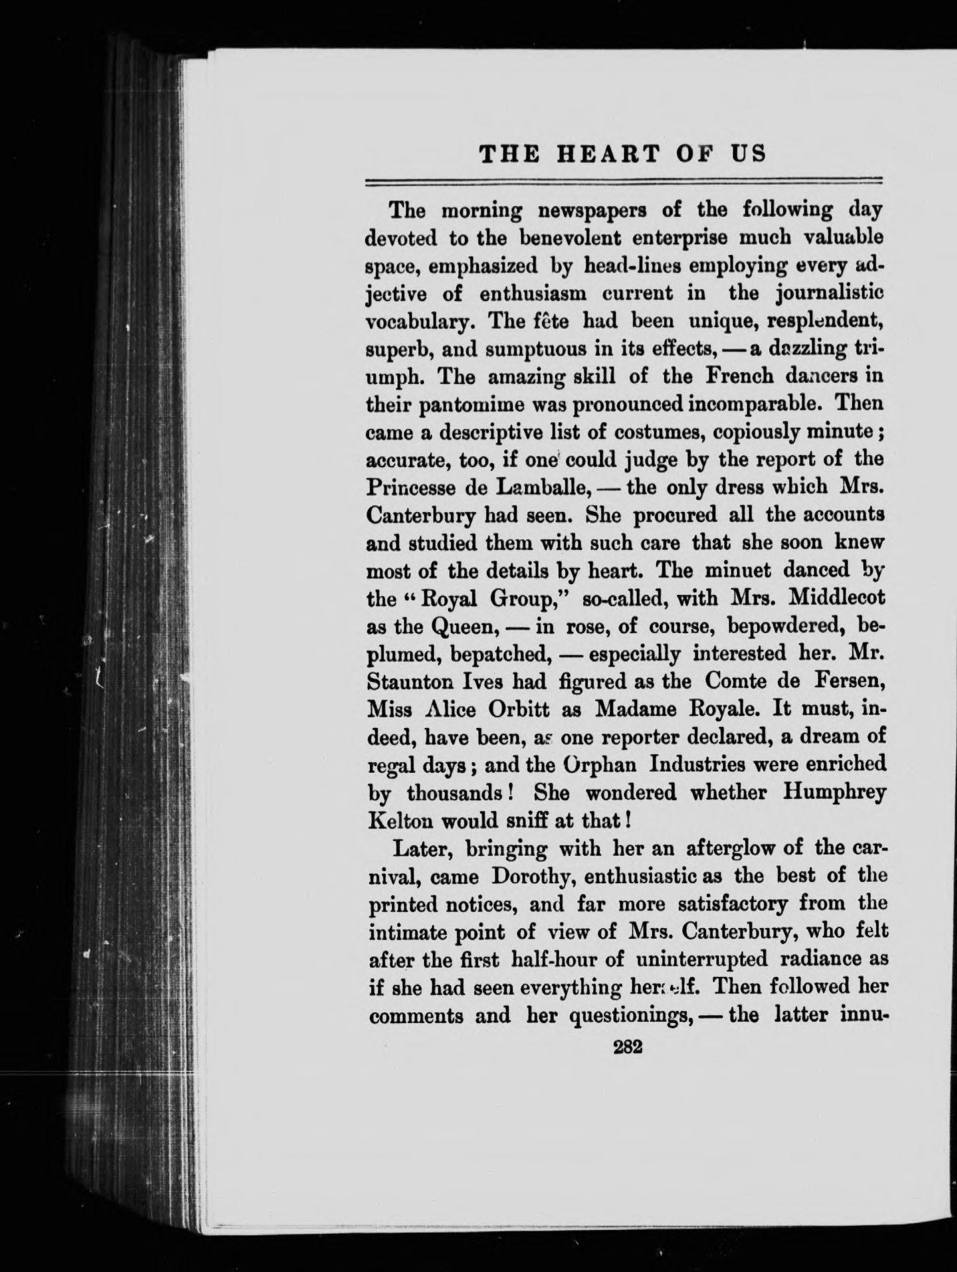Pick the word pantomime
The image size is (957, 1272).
click(468, 405)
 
